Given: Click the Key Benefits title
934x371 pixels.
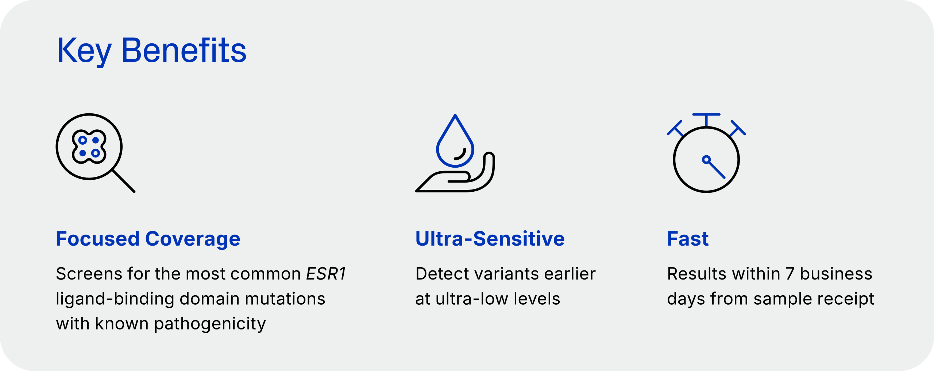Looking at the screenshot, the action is [152, 51].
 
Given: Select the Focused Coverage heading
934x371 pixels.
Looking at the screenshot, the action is [148, 239].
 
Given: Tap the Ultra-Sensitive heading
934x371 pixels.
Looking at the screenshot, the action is [490, 239].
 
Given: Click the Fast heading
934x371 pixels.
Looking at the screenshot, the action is [688, 239].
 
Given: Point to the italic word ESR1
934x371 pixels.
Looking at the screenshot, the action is [326, 274].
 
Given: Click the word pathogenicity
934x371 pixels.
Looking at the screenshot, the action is [210, 324].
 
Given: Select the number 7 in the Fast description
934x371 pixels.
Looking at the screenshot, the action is [790, 274].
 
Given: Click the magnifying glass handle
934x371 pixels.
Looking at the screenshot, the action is [124, 181].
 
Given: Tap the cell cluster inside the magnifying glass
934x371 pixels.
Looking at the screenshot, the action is [89, 147].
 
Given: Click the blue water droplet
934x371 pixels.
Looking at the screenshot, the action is [455, 141].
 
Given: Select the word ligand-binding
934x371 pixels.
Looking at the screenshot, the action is [115, 299].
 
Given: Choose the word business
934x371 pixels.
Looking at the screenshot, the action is [836, 274].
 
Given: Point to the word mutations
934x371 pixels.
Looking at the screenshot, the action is [285, 299].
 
